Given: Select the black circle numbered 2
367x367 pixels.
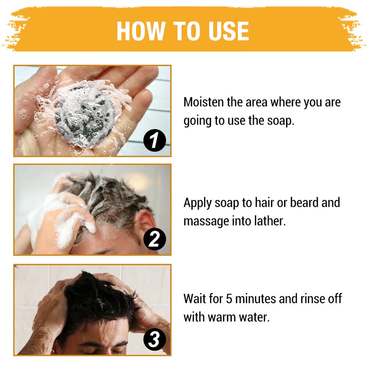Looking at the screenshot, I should click(x=154, y=240).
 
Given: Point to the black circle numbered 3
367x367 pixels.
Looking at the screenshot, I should click(x=154, y=340).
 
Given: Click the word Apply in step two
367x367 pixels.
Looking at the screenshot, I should click(x=197, y=203).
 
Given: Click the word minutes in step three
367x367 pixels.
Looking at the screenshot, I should click(x=255, y=298).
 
